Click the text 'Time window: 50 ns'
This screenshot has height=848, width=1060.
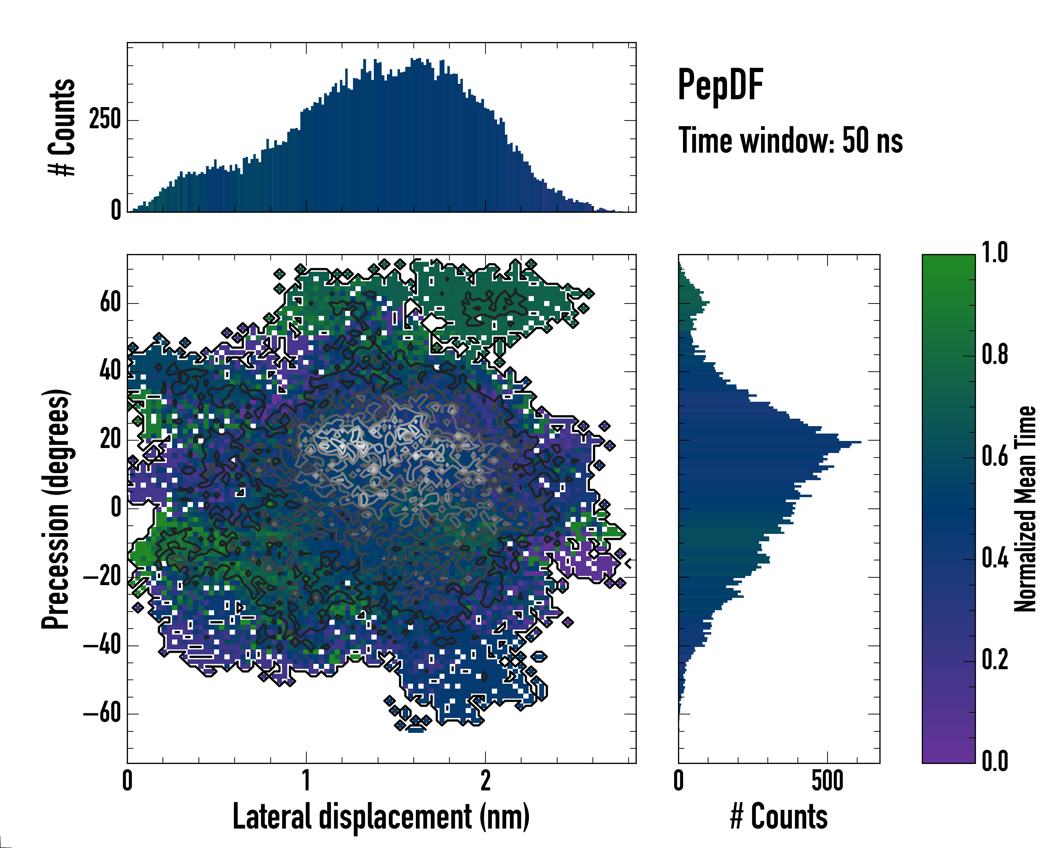(x=790, y=141)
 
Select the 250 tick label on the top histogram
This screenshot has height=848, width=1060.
(x=105, y=119)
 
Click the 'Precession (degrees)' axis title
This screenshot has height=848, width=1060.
(x=55, y=508)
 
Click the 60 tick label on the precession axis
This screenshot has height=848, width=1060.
(x=110, y=302)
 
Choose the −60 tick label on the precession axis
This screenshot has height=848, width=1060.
(x=103, y=713)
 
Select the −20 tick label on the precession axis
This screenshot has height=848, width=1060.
(x=103, y=577)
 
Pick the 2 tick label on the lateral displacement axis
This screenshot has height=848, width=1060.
(x=485, y=781)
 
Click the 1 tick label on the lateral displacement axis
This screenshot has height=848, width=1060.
(x=306, y=781)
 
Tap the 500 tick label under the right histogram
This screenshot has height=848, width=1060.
(x=828, y=781)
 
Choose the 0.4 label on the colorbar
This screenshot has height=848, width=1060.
(x=995, y=559)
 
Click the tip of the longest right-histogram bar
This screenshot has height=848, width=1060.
(x=860, y=442)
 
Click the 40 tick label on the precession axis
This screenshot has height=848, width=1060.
(x=110, y=371)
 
